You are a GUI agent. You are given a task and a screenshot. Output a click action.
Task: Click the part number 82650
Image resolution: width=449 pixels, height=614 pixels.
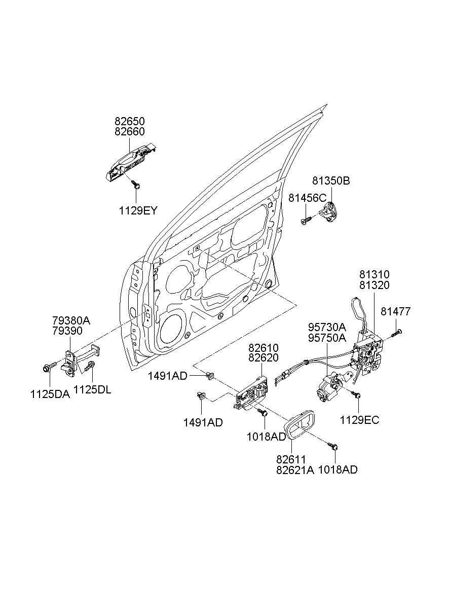pyautogui.click(x=129, y=122)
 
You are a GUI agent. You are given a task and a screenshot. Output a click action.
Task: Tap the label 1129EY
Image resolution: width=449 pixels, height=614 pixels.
pyautogui.click(x=138, y=210)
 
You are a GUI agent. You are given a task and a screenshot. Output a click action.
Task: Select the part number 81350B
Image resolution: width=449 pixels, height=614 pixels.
pyautogui.click(x=331, y=181)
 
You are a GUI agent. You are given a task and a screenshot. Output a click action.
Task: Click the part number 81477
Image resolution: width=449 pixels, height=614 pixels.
pyautogui.click(x=396, y=311)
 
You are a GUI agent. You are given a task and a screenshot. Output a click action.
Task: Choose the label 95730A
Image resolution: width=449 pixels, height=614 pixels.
pyautogui.click(x=327, y=327)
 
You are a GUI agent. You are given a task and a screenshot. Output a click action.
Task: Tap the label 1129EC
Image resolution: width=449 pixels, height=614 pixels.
pyautogui.click(x=359, y=420)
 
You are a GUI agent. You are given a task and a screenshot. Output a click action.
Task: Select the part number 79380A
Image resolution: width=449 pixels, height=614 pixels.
pyautogui.click(x=71, y=320)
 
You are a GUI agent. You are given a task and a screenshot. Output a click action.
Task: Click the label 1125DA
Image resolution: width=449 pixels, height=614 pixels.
pyautogui.click(x=49, y=394)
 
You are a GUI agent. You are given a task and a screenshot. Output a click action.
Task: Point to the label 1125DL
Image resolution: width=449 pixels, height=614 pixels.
pyautogui.click(x=92, y=389)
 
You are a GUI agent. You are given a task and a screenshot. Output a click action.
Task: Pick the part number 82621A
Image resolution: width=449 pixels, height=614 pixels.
pyautogui.click(x=295, y=470)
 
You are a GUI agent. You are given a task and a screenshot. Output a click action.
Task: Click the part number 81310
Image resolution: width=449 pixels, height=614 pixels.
pyautogui.click(x=375, y=275)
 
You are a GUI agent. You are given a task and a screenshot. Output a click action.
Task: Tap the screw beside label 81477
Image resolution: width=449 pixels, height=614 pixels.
pyautogui.click(x=397, y=333)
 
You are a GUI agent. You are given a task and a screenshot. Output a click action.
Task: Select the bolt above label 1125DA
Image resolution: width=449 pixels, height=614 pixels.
pyautogui.click(x=49, y=368)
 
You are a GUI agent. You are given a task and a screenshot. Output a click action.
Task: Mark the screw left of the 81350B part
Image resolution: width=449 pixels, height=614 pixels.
pyautogui.click(x=306, y=221)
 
